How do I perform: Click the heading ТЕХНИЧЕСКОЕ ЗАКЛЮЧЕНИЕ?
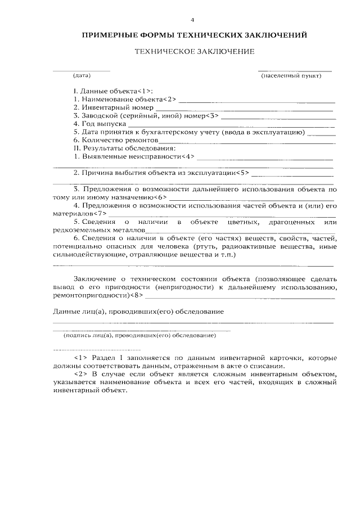click(195, 51)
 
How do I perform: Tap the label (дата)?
click(82, 75)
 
